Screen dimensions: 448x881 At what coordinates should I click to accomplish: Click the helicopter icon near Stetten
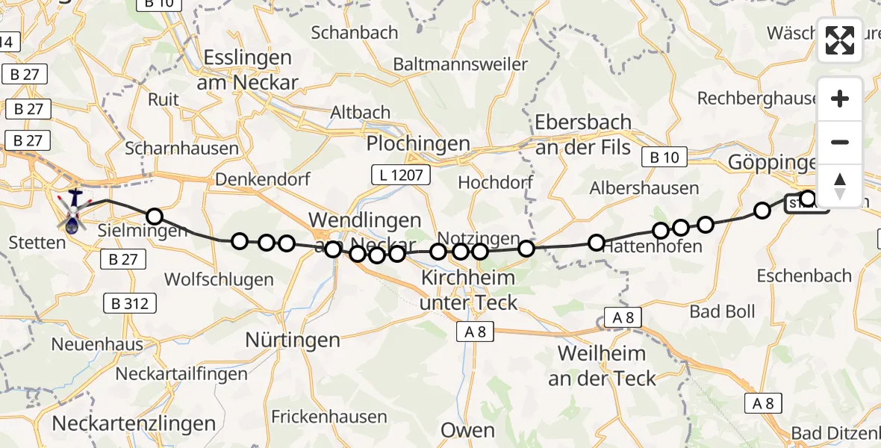tap(73, 211)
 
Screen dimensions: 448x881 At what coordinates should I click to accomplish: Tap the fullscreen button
tap(840, 40)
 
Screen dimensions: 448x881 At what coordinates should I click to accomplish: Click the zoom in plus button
tap(840, 99)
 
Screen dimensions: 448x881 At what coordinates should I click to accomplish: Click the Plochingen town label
tap(418, 143)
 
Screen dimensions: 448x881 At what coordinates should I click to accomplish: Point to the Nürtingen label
tap(293, 340)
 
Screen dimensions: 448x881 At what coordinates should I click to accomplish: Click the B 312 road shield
tap(131, 304)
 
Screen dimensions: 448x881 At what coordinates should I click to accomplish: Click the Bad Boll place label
tap(722, 311)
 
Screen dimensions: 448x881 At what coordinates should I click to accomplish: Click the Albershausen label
tap(644, 188)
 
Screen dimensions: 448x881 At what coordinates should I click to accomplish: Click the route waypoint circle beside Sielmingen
tap(154, 217)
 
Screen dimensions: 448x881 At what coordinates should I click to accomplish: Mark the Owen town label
tap(467, 430)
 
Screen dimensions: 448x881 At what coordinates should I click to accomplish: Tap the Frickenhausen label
tap(329, 417)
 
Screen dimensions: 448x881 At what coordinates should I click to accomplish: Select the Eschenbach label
tap(803, 276)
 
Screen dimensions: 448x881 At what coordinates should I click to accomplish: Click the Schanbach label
tap(355, 33)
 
